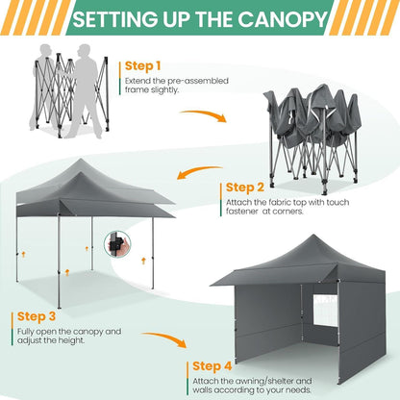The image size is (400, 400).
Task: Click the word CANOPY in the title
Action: [x=283, y=19]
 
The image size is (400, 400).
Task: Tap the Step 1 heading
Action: [x=142, y=66]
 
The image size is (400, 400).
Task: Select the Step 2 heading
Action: [x=245, y=187]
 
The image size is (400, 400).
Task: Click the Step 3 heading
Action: [x=37, y=316]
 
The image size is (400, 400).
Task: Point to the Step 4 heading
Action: [x=212, y=366]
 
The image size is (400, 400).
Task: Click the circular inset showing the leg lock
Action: [x=117, y=244]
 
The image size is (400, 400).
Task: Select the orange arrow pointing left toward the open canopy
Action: [x=198, y=171]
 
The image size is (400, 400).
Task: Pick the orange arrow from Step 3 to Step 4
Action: [x=165, y=337]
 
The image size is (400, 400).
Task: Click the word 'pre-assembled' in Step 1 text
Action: [x=197, y=81]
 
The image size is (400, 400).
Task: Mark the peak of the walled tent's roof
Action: [x=312, y=235]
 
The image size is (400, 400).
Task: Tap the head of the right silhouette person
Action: [x=84, y=51]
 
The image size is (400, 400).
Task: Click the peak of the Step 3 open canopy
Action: [x=81, y=160]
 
